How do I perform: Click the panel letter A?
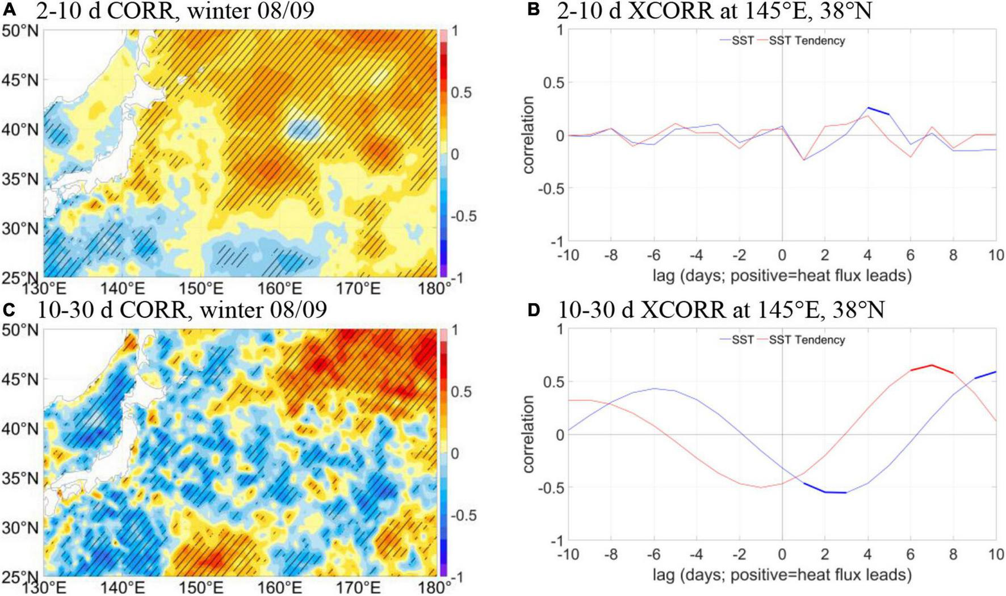[x=9, y=10]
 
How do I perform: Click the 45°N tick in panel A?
[x=21, y=80]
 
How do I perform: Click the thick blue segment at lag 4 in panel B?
[x=878, y=111]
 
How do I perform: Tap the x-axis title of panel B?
[x=782, y=276]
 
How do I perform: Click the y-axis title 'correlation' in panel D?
[x=529, y=434]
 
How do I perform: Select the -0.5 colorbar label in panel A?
[x=463, y=216]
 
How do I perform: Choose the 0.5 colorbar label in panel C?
[x=461, y=392]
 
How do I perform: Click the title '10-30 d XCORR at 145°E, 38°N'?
[x=721, y=310]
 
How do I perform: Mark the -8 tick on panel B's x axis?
[x=611, y=255]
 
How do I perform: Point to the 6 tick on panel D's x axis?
[x=911, y=555]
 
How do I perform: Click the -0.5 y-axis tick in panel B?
[x=550, y=188]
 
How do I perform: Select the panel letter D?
[x=534, y=310]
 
